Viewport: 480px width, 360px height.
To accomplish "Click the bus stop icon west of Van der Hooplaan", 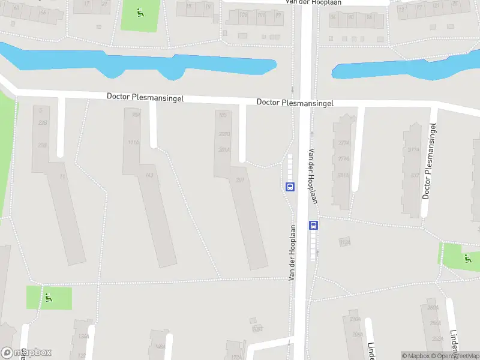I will pyautogui.click(x=290, y=187).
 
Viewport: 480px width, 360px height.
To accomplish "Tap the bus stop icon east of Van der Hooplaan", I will pyautogui.click(x=313, y=226).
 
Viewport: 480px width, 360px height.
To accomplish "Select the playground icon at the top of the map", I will pyautogui.click(x=140, y=11).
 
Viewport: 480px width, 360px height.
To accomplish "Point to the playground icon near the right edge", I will pyautogui.click(x=467, y=258).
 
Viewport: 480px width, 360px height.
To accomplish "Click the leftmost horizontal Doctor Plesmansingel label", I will pyautogui.click(x=145, y=97).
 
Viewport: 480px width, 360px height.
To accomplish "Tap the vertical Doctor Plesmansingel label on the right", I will pyautogui.click(x=428, y=160).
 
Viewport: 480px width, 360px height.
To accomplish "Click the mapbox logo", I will pyautogui.click(x=26, y=353).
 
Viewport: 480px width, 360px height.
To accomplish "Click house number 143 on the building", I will pyautogui.click(x=149, y=175).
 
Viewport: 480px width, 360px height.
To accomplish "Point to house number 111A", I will pyautogui.click(x=133, y=142).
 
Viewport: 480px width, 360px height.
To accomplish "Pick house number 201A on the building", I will pyautogui.click(x=224, y=150).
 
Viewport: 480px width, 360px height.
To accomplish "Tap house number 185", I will pyautogui.click(x=223, y=115).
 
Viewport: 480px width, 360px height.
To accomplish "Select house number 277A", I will pyautogui.click(x=344, y=143).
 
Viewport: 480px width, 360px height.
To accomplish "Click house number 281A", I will pyautogui.click(x=343, y=175).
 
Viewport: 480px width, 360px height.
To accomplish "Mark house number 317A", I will pyautogui.click(x=413, y=151).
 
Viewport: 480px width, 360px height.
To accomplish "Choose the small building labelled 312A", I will pyautogui.click(x=344, y=242).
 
